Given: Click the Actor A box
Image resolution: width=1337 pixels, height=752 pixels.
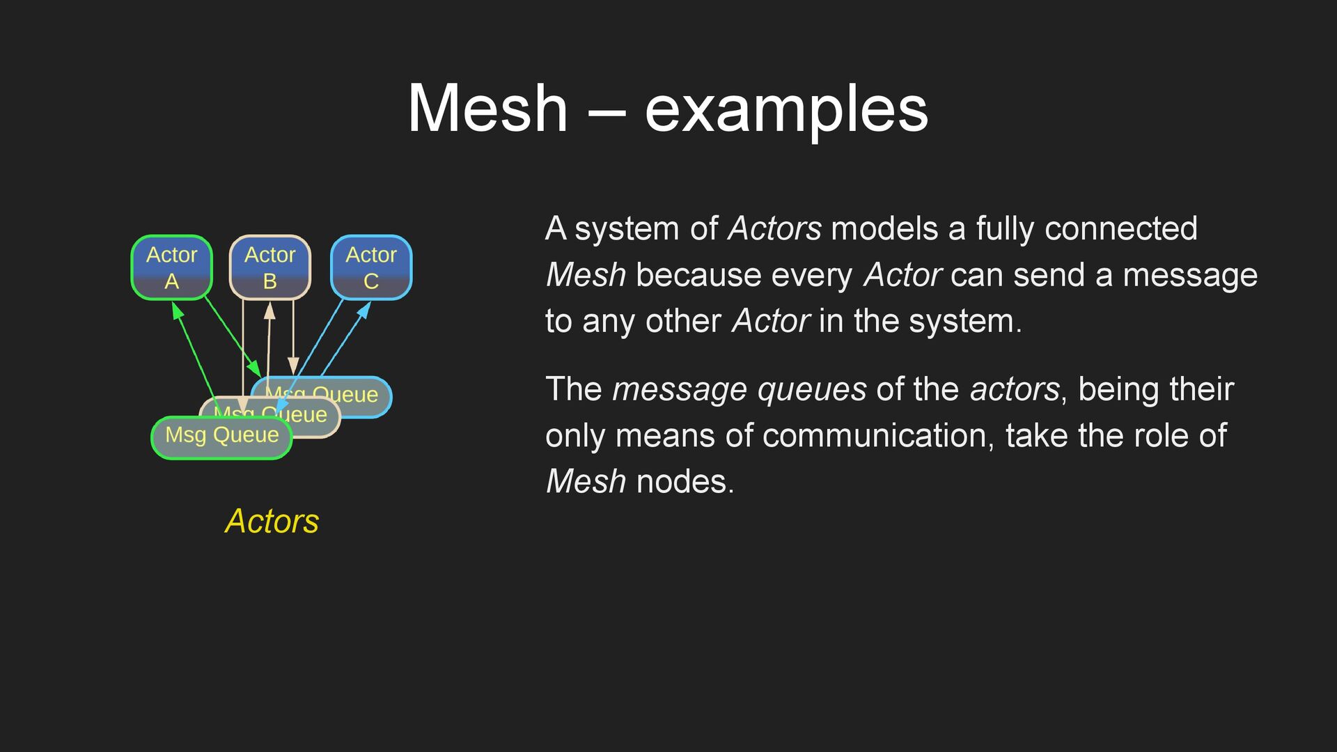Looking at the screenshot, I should pos(171,267).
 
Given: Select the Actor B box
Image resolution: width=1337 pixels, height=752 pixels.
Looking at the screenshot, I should pos(270,267).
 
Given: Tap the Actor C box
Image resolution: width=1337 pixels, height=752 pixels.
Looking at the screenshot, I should pos(371,267).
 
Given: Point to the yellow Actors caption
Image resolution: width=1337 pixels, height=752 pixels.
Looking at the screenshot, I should pos(272,521).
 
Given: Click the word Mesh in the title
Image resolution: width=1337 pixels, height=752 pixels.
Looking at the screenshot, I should pos(487,109).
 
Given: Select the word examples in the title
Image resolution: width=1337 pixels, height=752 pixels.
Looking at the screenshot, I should pos(786,109).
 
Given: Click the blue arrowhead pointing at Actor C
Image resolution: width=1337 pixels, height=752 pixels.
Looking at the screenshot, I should pos(365,308).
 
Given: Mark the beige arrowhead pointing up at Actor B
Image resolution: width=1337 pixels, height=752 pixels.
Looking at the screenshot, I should pos(269,311).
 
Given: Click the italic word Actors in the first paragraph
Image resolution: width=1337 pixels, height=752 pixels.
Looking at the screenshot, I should pos(774,228).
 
